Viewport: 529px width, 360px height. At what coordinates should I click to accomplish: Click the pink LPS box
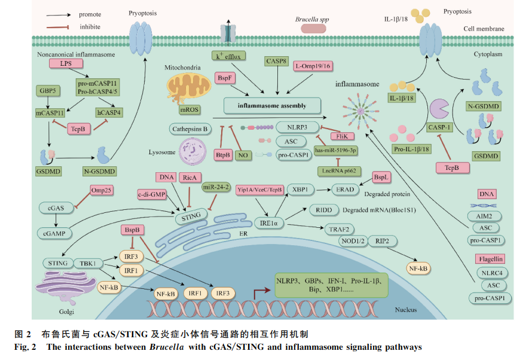[x=62, y=63]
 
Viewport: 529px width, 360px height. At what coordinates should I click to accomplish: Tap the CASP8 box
[x=277, y=61]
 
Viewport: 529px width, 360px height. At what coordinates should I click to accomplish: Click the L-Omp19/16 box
[x=312, y=66]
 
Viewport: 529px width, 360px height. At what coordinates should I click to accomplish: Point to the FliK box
[x=343, y=137]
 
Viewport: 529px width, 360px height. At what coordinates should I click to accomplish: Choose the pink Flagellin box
[x=491, y=259]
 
